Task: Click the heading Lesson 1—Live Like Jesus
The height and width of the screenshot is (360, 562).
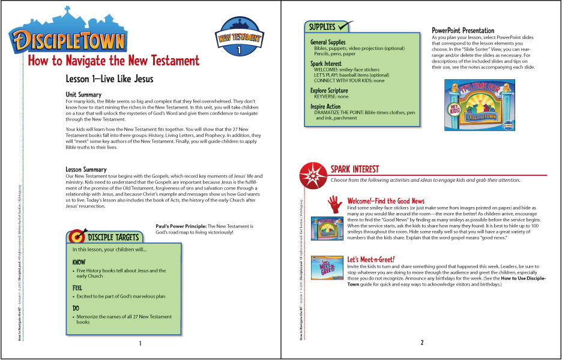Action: click(x=109, y=79)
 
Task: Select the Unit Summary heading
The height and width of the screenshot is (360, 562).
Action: click(x=83, y=94)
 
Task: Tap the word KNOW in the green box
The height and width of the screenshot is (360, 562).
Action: click(x=79, y=263)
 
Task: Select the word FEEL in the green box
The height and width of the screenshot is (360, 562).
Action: click(x=77, y=288)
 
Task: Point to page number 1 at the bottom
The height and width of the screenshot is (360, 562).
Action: click(x=140, y=344)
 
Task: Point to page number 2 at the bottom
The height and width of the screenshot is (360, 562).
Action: click(x=421, y=343)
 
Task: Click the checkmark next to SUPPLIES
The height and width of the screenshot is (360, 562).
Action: click(x=345, y=26)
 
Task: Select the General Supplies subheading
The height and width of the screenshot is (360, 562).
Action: click(x=328, y=43)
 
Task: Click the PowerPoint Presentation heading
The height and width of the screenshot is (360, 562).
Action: click(x=463, y=31)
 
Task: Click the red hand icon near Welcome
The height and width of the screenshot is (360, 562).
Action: click(x=334, y=205)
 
